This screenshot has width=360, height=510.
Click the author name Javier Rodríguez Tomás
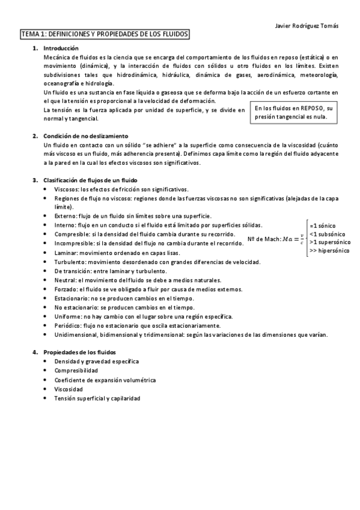pyautogui.click(x=305, y=26)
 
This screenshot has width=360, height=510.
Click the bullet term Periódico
pyautogui.click(x=67, y=325)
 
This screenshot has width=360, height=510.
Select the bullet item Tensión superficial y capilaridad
pyautogui.click(x=97, y=399)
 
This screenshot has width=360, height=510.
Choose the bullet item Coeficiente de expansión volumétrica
pyautogui.click(x=105, y=380)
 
